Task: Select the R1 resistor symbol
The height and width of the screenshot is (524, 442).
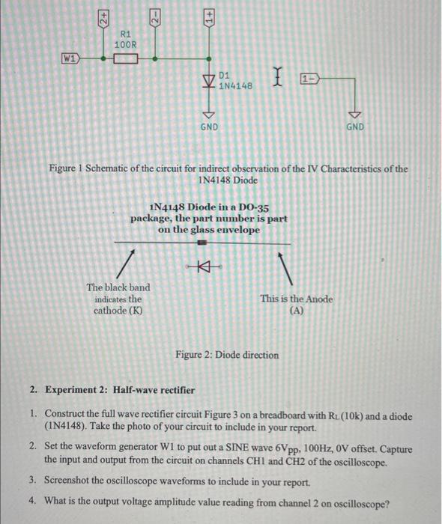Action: tap(125, 58)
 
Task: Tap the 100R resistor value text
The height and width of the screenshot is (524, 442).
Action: tap(125, 45)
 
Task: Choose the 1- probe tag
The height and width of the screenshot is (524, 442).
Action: tap(307, 77)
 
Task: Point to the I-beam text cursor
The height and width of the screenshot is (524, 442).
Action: tap(279, 76)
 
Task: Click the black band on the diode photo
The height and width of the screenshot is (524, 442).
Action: tap(201, 243)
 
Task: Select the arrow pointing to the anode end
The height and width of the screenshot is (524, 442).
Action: tap(287, 263)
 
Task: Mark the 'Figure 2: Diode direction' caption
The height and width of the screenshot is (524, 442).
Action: tap(227, 355)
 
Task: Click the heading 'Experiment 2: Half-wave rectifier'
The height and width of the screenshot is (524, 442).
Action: tap(120, 390)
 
